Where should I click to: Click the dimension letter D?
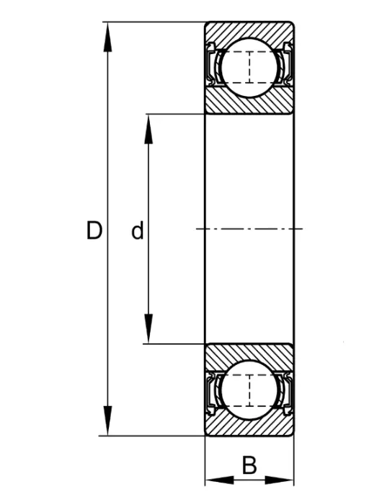tap(94, 230)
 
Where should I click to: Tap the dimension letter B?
tap(249, 465)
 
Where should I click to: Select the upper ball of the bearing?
tap(249, 67)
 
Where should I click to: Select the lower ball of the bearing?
tap(249, 390)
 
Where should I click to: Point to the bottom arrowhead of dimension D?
tap(107, 421)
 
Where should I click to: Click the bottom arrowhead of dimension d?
tap(148, 329)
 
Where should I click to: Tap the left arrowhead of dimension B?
tap(220, 480)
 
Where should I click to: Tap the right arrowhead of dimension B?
tap(279, 480)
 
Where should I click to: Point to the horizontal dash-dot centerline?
tap(249, 229)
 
